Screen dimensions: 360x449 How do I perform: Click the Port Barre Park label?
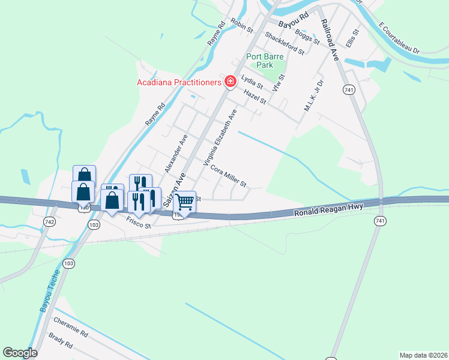pyautogui.click(x=265, y=61)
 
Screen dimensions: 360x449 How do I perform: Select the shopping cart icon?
pyautogui.click(x=184, y=202)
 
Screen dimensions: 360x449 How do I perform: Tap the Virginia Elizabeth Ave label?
pyautogui.click(x=220, y=138)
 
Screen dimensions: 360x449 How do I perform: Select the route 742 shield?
pyautogui.click(x=49, y=222)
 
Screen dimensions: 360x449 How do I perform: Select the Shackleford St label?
pyautogui.click(x=285, y=44)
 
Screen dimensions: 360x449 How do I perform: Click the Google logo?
pyautogui.click(x=20, y=353)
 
